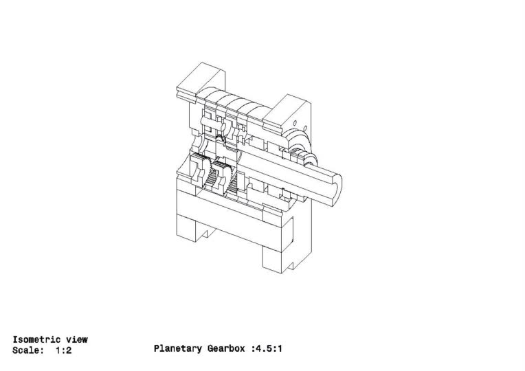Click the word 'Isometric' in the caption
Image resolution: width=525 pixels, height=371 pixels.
(36, 339)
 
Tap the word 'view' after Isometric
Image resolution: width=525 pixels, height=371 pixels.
(77, 339)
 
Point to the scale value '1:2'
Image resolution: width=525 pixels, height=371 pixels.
(64, 350)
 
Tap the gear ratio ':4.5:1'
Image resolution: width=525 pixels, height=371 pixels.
(267, 348)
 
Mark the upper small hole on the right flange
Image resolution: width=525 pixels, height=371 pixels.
(295, 123)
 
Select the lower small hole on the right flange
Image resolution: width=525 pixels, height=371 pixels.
(305, 128)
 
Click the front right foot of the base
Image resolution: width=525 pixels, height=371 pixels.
(273, 260)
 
